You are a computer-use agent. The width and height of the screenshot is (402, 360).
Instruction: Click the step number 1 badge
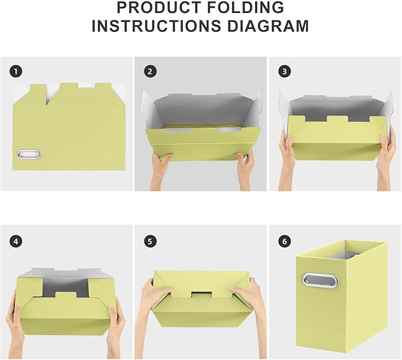15,72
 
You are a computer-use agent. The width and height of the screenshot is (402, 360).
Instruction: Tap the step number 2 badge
150,72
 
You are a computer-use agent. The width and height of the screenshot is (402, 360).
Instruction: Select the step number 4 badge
15,241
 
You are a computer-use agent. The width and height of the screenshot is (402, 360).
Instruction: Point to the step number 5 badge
150,241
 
